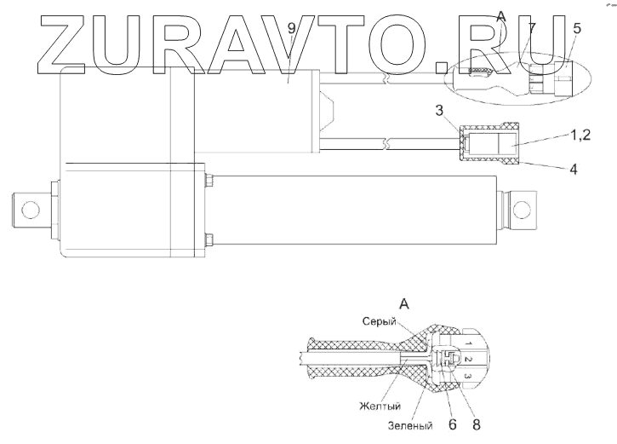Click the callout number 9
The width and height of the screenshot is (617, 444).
(291, 29)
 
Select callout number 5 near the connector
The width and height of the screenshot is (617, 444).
(578, 29)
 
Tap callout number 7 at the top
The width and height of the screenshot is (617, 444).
(531, 30)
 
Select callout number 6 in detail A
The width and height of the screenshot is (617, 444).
(452, 421)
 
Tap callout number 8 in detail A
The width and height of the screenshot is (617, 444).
(477, 421)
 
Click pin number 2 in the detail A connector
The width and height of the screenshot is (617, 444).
(467, 359)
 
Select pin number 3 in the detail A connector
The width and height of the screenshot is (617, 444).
(467, 376)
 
